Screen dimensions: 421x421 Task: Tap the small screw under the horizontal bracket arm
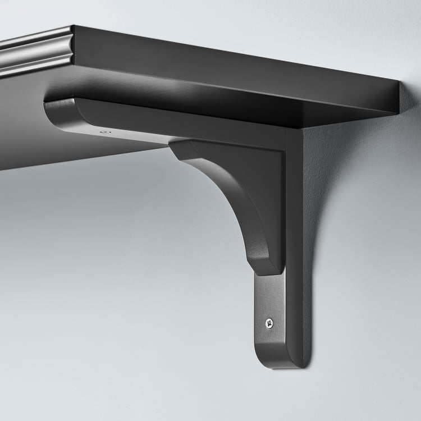(103, 132)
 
